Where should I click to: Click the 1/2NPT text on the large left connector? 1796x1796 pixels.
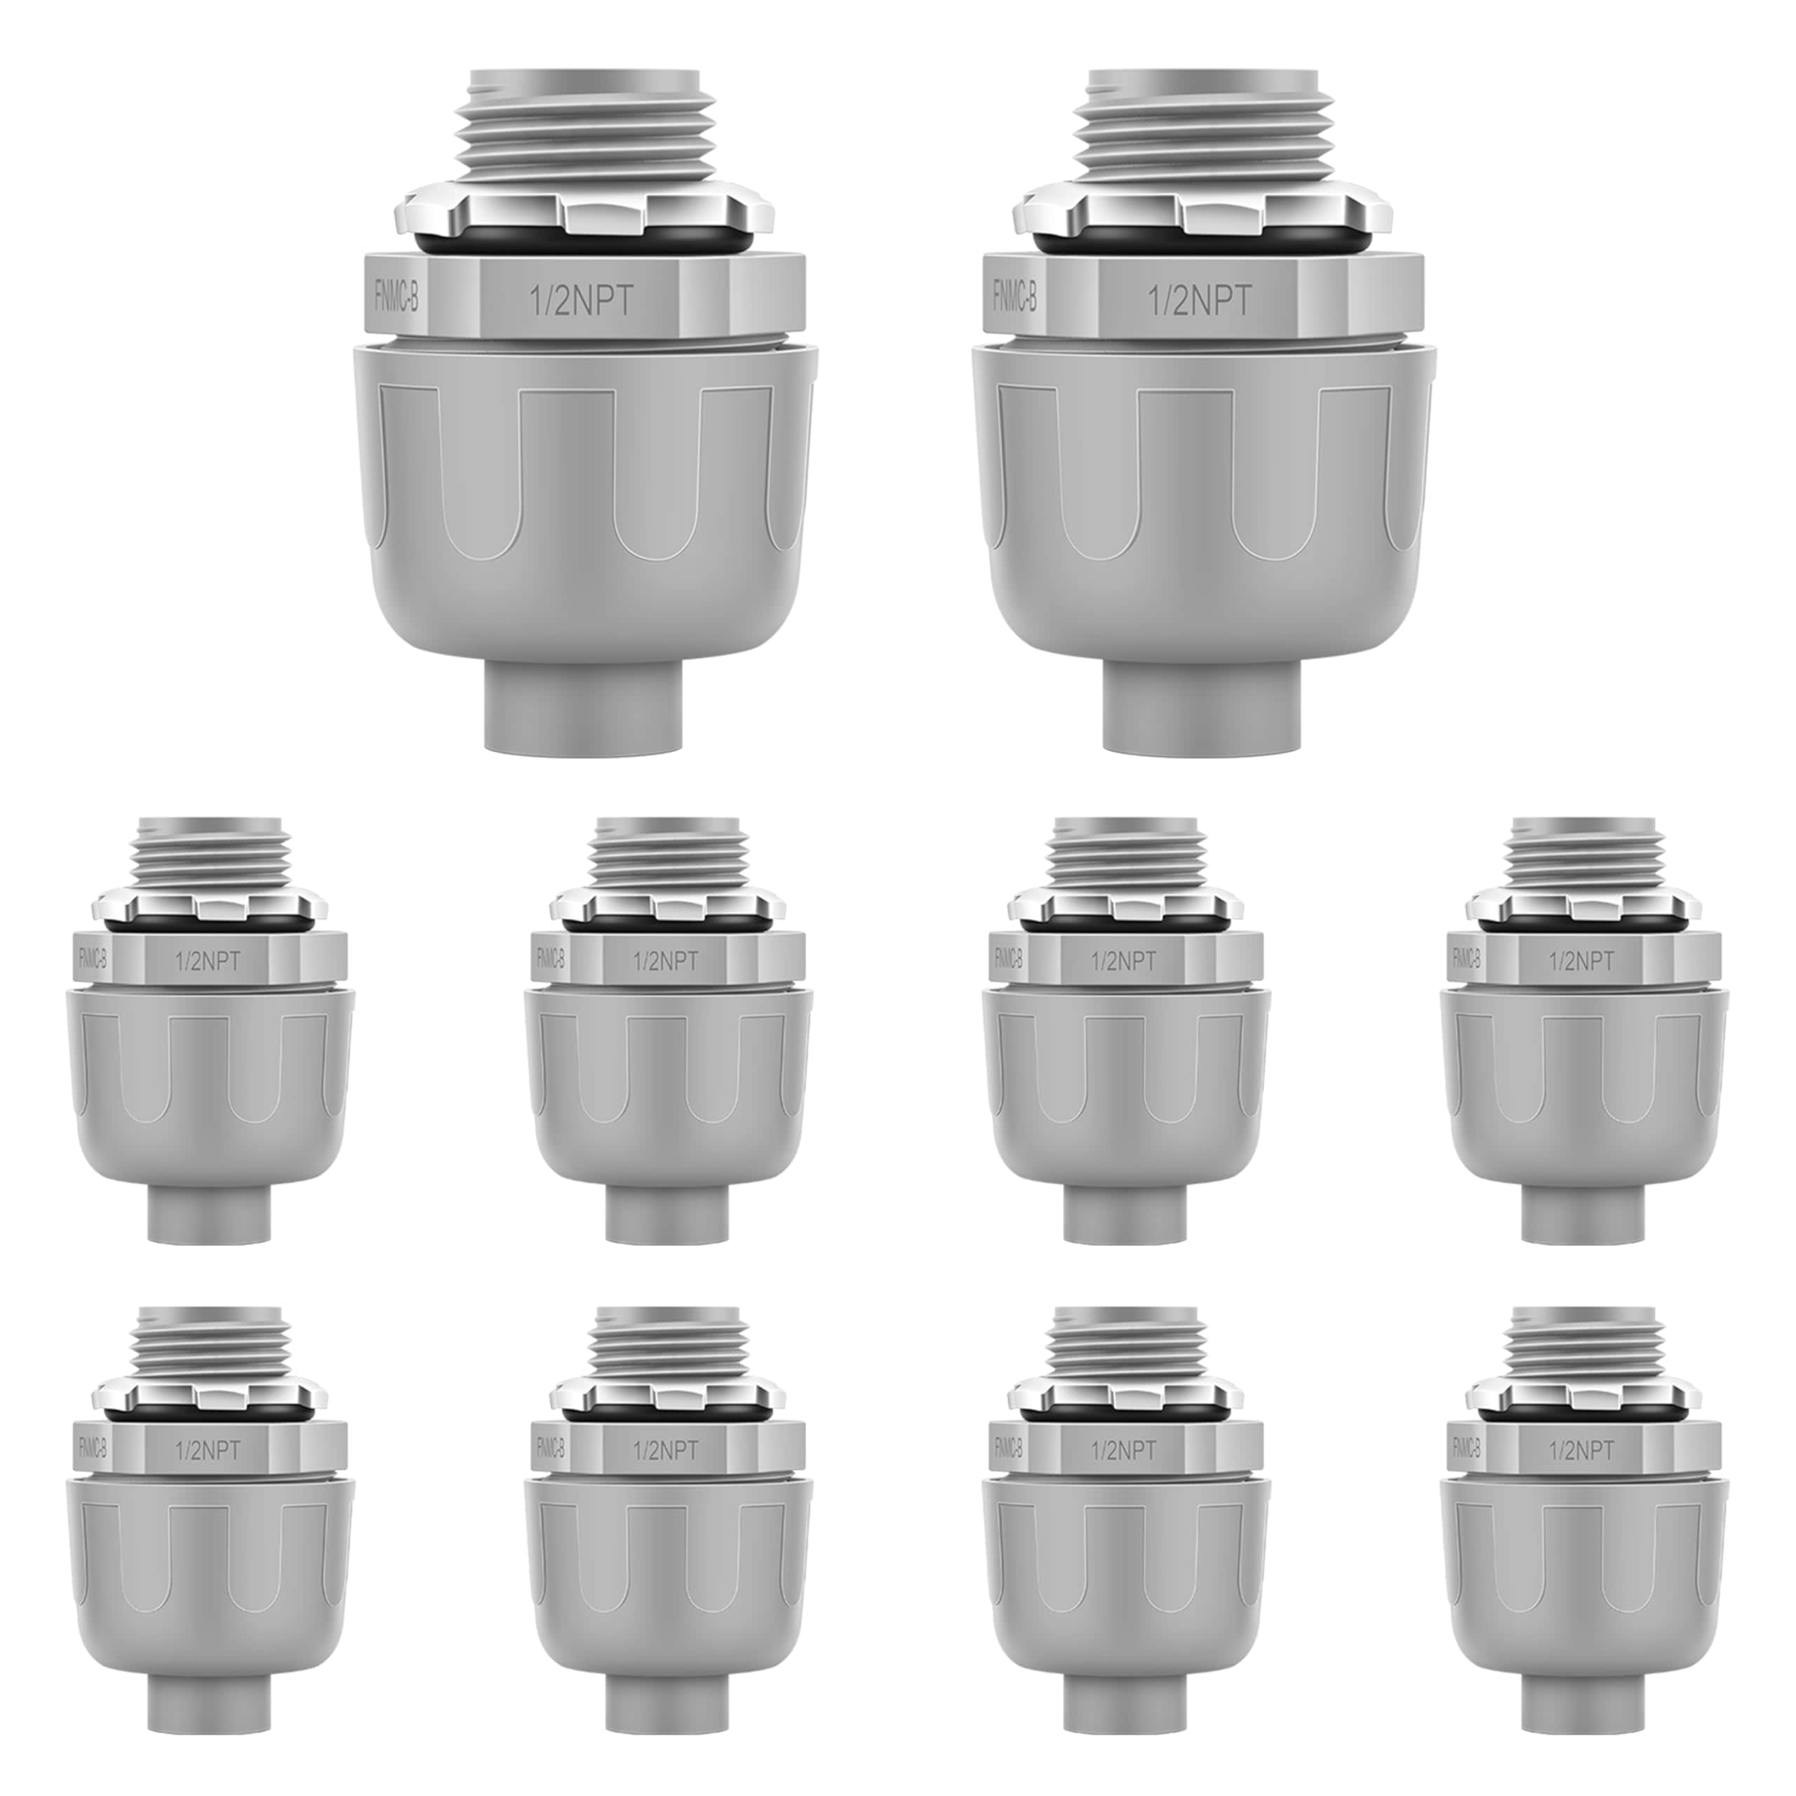[x=581, y=301]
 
